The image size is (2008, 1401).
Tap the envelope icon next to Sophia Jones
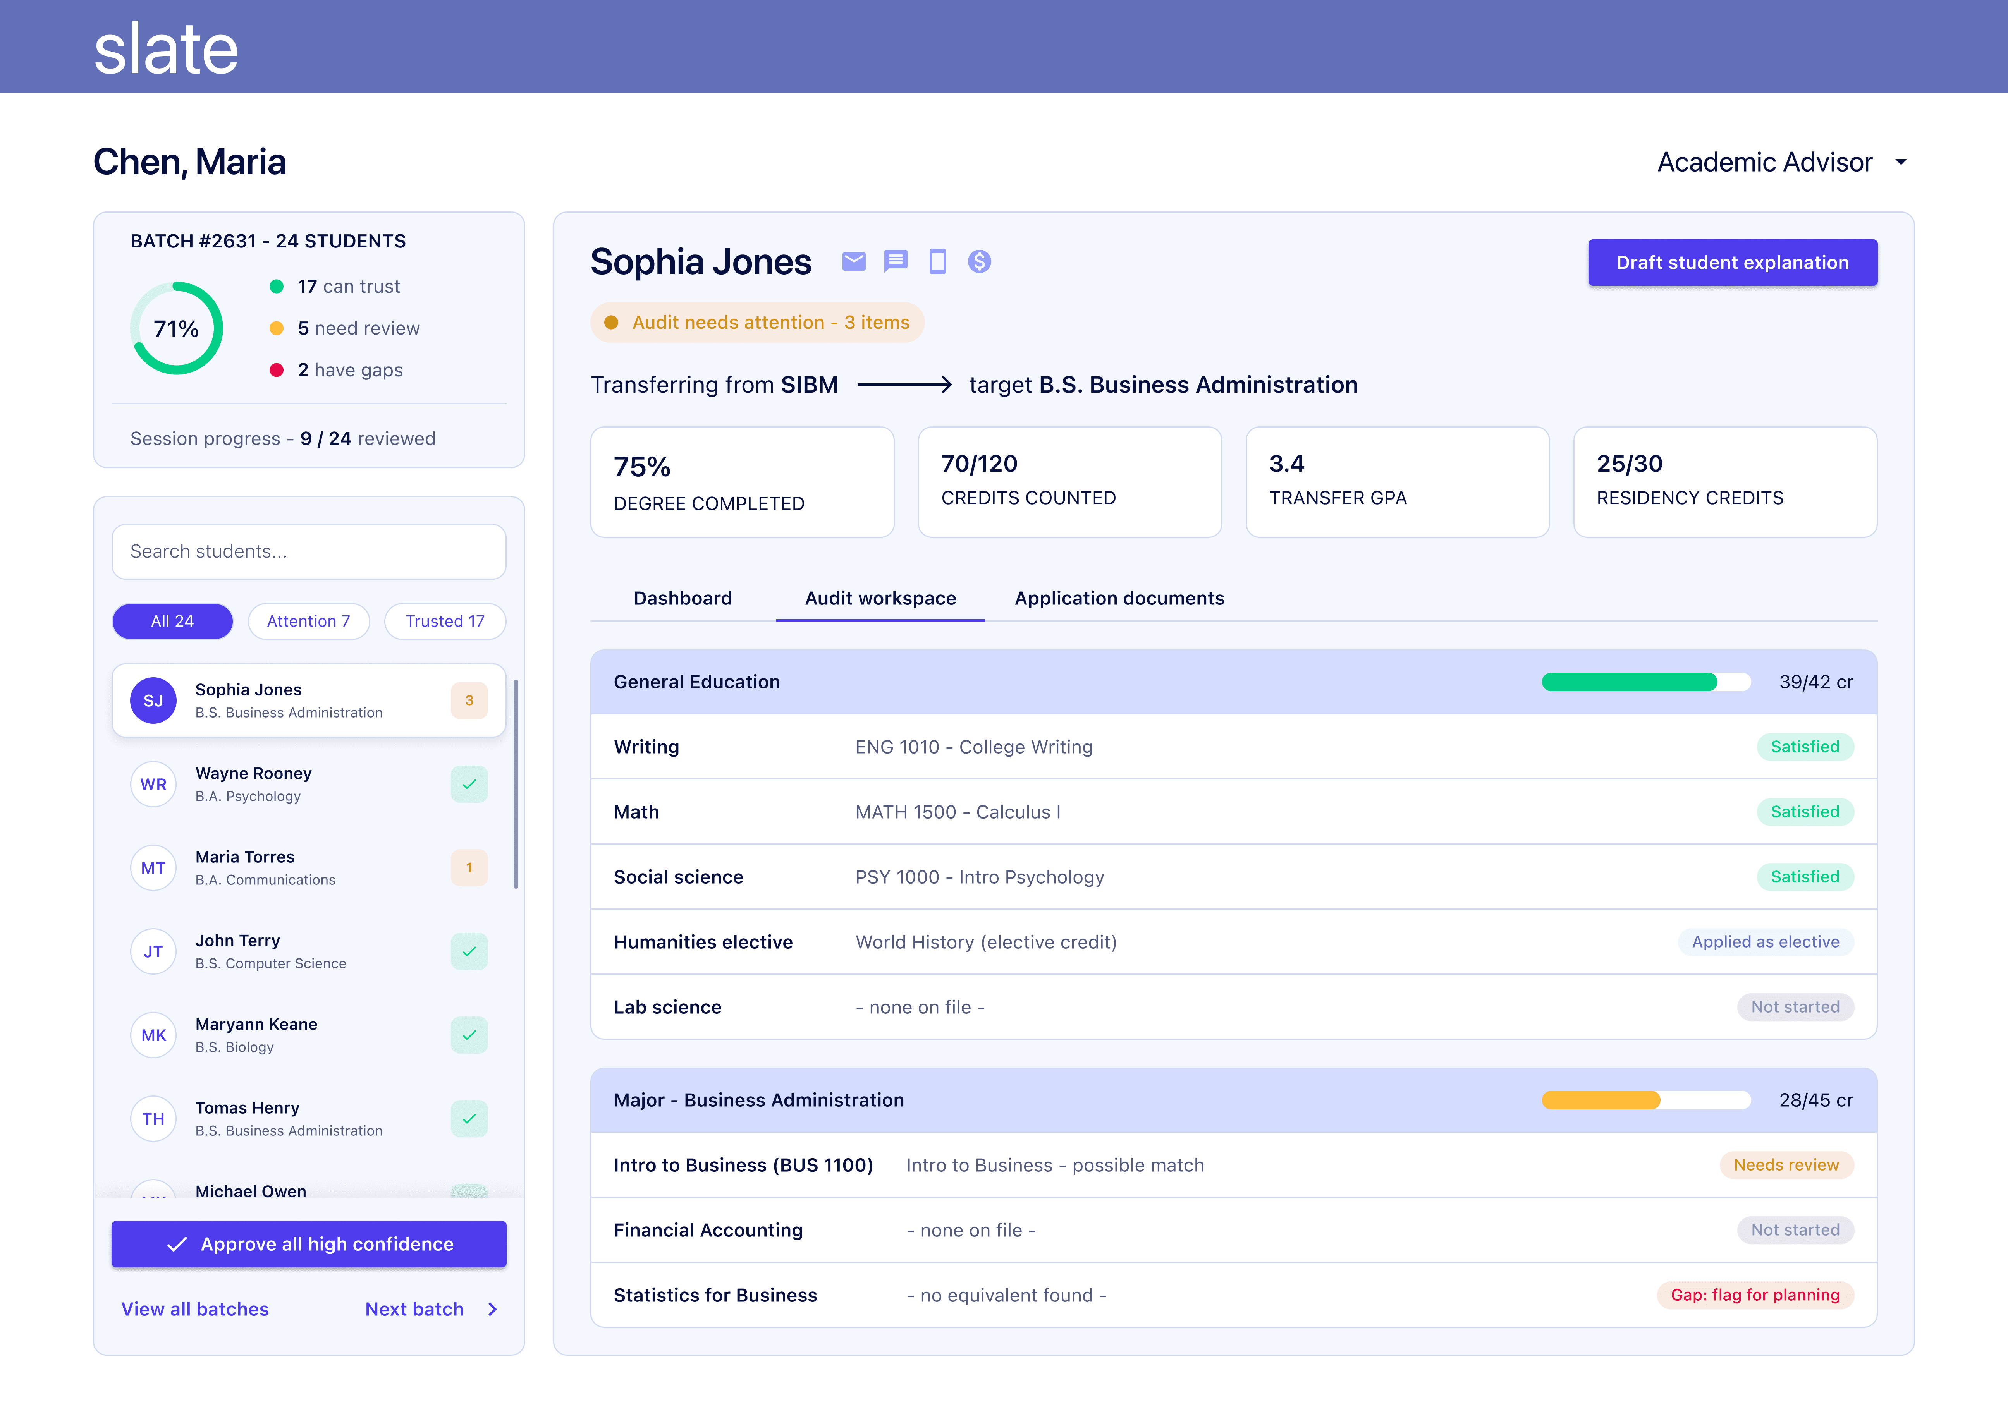[854, 261]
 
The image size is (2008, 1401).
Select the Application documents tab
[1119, 598]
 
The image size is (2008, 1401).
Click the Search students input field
[309, 551]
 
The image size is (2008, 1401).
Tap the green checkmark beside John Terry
[469, 951]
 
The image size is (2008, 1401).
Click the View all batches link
[195, 1309]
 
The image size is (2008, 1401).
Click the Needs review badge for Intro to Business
[1786, 1165]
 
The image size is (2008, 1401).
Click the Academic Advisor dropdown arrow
[1900, 162]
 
